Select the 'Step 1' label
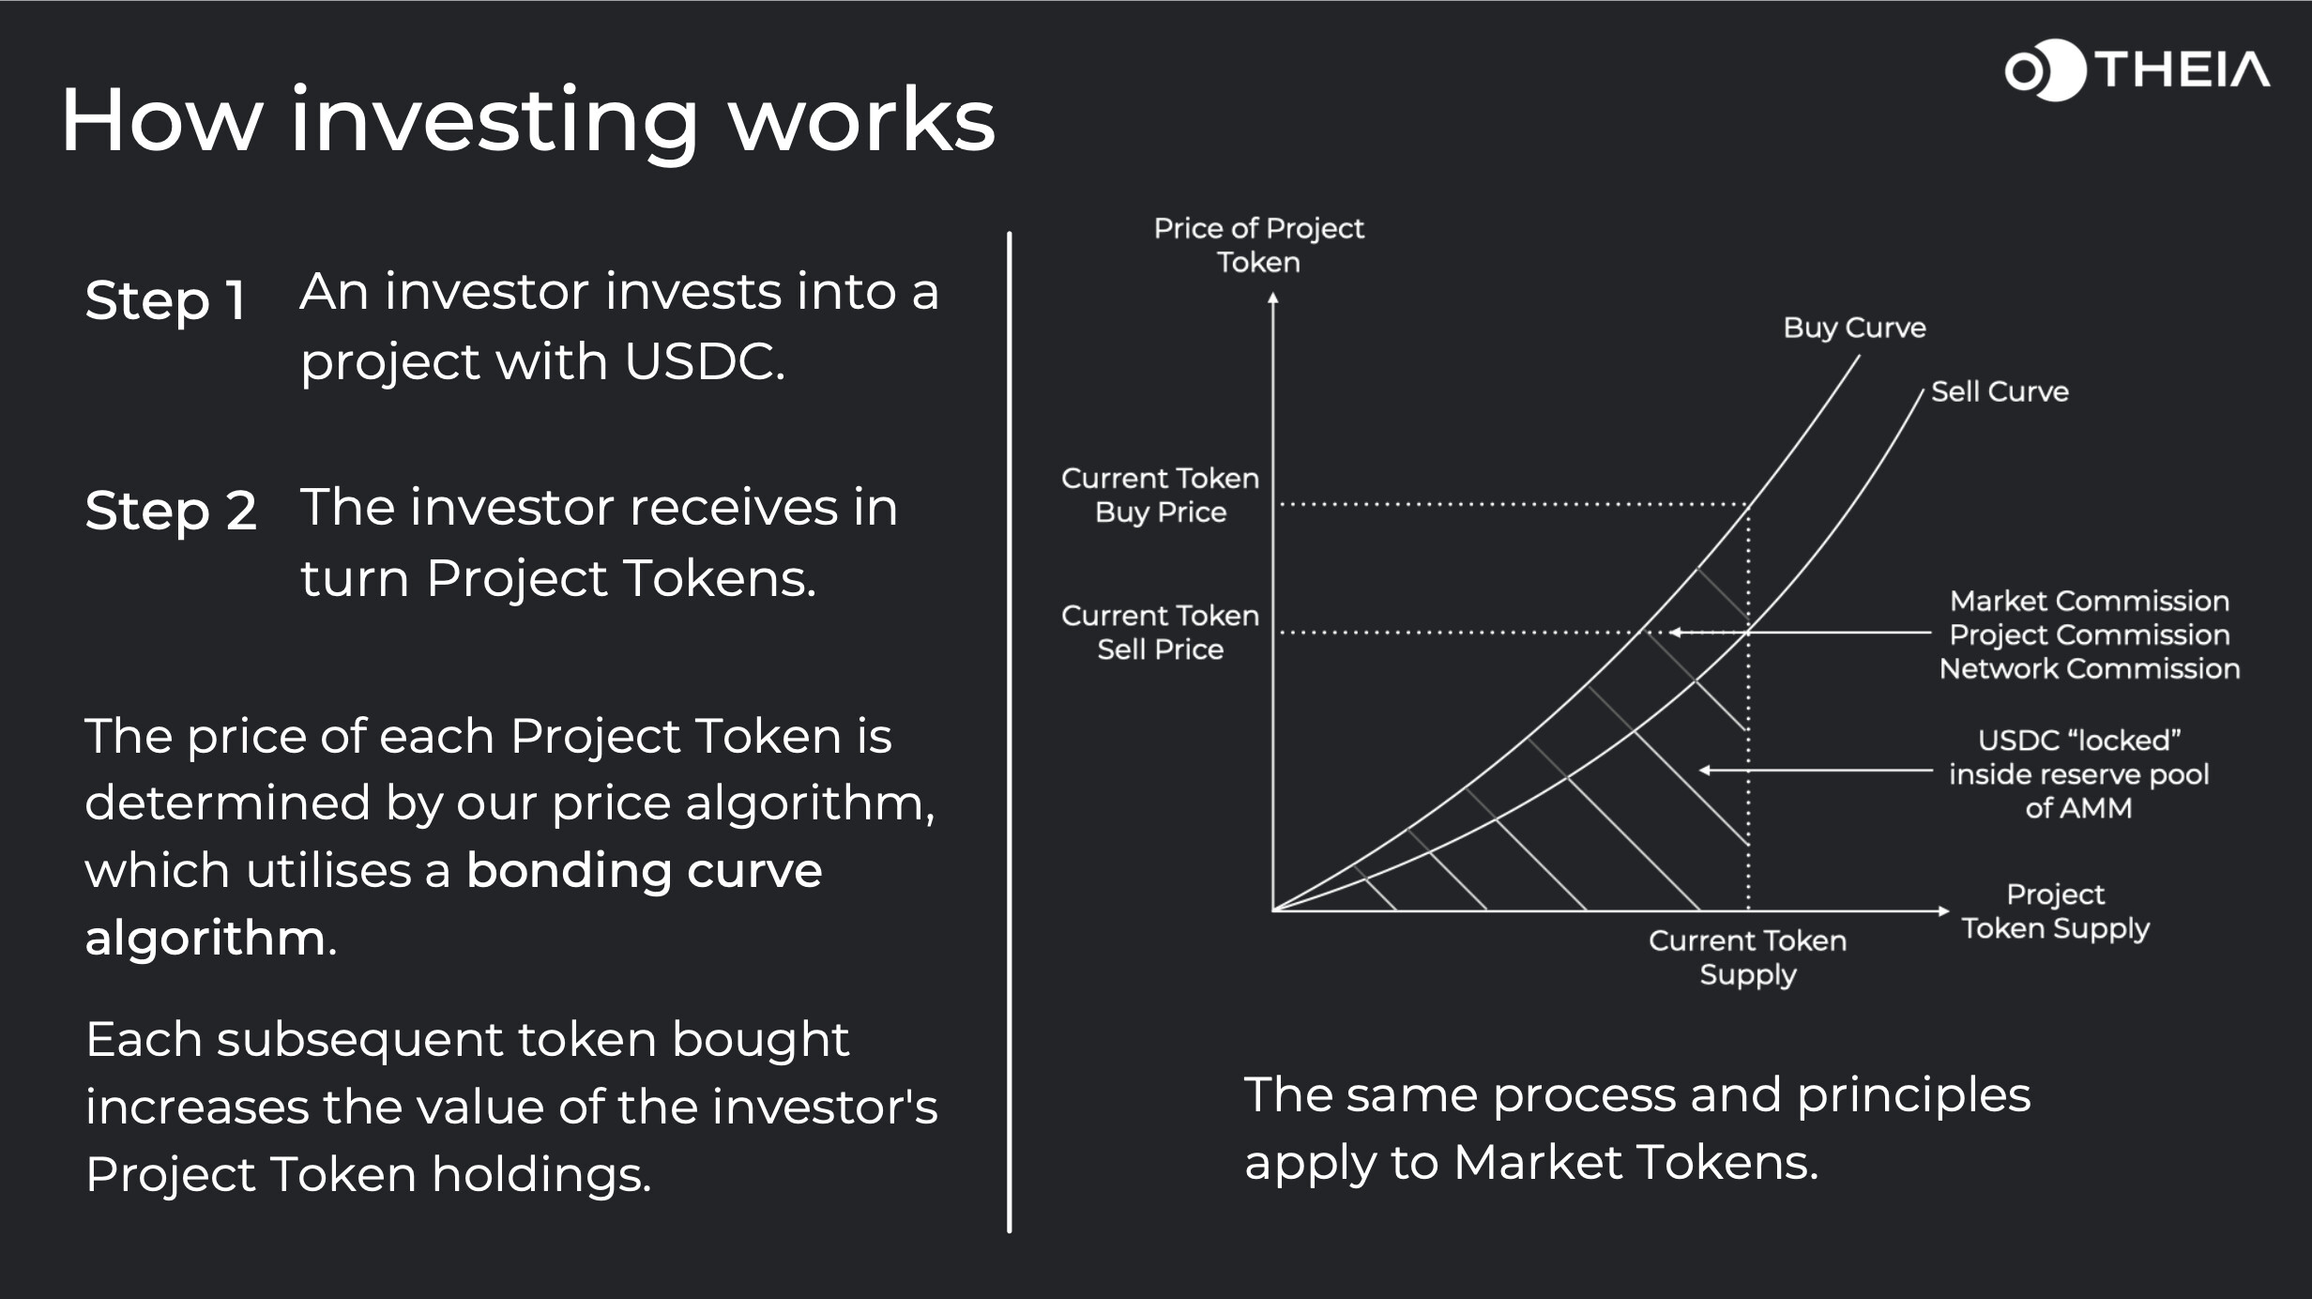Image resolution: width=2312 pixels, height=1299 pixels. tap(165, 300)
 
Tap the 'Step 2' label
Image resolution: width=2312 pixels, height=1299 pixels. tap(170, 512)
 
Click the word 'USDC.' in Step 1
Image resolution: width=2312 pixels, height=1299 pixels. tap(705, 361)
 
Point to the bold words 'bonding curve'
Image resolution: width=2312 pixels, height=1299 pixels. tap(644, 870)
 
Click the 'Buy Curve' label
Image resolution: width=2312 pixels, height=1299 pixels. tap(1854, 328)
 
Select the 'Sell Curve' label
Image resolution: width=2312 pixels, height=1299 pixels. tap(2000, 391)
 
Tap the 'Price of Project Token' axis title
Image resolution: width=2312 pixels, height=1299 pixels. tap(1258, 245)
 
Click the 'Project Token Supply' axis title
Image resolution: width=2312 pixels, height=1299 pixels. tap(2055, 911)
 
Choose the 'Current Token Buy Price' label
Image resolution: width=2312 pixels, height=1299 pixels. tap(1160, 495)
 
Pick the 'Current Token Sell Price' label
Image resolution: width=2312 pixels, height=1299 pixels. tap(1160, 632)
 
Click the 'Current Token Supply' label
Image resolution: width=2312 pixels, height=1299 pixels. tap(1747, 957)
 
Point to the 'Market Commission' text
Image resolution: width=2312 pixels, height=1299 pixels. tap(2090, 601)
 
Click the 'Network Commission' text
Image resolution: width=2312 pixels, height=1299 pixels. tap(2090, 668)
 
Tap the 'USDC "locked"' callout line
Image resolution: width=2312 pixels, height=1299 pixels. tap(1816, 771)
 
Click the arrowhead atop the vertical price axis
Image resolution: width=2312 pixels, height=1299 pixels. tap(1273, 298)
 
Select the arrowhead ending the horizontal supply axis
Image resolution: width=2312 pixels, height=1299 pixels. tap(1943, 910)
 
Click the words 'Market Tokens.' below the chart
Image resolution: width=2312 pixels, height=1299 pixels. tap(1635, 1162)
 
